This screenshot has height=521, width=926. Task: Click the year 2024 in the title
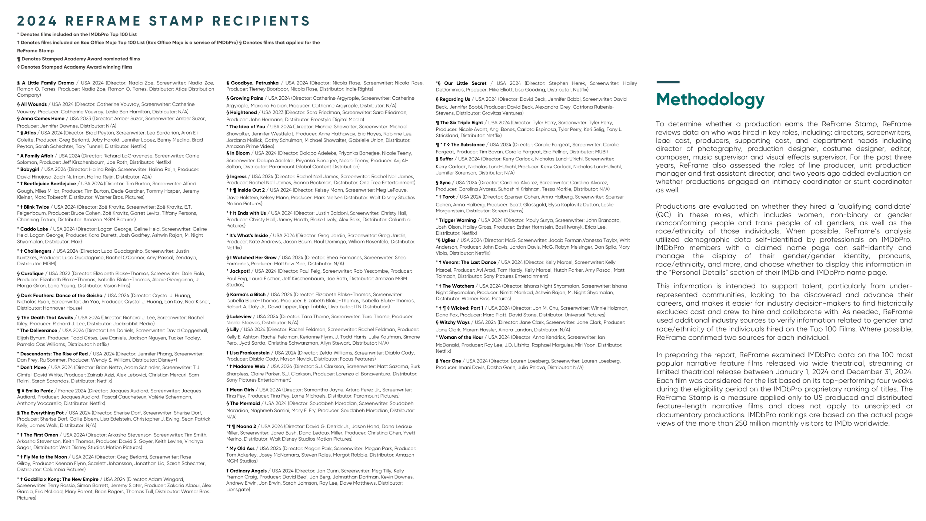tap(37, 21)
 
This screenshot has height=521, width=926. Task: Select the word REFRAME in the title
tap(103, 21)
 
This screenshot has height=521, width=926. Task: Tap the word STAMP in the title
tap(176, 21)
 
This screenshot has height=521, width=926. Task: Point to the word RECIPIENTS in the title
tap(261, 21)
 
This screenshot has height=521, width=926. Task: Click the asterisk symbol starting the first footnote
tap(18, 34)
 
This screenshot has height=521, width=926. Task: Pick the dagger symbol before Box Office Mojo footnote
tap(18, 43)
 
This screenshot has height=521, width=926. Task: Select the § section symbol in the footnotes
tap(240, 43)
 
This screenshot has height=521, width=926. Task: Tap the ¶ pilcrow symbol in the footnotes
tap(19, 59)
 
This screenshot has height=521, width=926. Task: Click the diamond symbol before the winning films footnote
tap(18, 67)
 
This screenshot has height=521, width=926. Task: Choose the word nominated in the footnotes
tap(115, 59)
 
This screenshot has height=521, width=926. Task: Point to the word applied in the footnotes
tap(294, 43)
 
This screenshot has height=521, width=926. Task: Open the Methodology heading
tap(710, 100)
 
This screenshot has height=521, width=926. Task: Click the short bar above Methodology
tap(668, 82)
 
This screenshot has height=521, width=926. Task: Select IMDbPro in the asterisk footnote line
tap(99, 34)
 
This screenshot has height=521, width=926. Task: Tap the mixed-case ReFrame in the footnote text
tap(27, 51)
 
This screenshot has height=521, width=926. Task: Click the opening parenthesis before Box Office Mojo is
tap(147, 43)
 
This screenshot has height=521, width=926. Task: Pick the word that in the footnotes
tap(280, 43)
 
